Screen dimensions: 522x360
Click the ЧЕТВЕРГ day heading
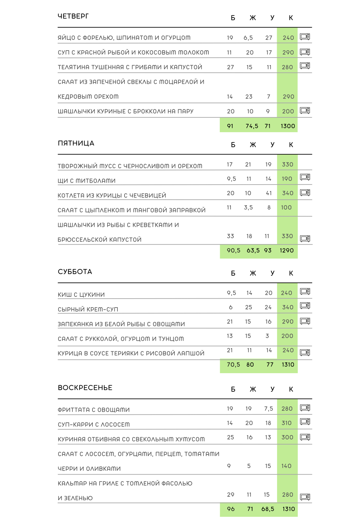[73, 16]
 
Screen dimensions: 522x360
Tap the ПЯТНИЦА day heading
[76, 143]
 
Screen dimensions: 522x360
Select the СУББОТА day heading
[75, 272]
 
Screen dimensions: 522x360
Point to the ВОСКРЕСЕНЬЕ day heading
[85, 388]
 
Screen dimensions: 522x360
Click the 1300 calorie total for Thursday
[288, 126]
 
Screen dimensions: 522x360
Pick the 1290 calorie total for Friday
[287, 251]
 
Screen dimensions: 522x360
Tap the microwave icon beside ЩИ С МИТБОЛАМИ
[305, 177]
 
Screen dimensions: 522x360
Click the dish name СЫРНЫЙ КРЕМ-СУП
[88, 309]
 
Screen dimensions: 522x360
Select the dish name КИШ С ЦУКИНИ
[81, 295]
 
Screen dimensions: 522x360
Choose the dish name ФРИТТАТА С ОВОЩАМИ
[94, 410]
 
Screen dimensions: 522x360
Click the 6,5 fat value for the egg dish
[248, 38]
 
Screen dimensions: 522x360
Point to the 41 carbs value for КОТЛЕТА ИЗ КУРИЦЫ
[269, 193]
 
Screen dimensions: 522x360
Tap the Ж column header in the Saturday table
[253, 273]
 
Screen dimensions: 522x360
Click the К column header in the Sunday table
[291, 389]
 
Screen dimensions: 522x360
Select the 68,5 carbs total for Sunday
[268, 509]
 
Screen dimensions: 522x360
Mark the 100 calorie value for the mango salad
[286, 208]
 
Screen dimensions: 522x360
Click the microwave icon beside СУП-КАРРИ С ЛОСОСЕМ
[305, 422]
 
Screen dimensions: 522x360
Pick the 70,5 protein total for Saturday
[233, 365]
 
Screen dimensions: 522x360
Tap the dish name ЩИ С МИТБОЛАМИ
[87, 181]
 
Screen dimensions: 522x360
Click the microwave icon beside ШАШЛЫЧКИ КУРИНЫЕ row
[305, 110]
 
